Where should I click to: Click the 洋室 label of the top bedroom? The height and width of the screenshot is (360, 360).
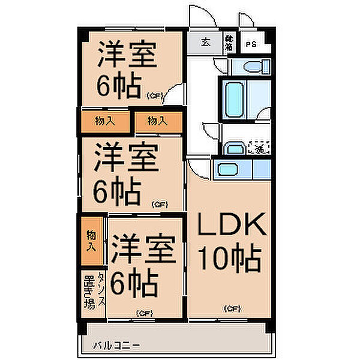point(128,55)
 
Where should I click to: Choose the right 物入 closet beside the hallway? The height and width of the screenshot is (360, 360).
point(157,121)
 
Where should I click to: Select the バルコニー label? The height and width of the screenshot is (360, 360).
point(116,346)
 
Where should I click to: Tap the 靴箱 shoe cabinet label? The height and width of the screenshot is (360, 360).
point(229,43)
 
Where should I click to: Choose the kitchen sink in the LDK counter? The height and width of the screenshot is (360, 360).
point(226,169)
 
